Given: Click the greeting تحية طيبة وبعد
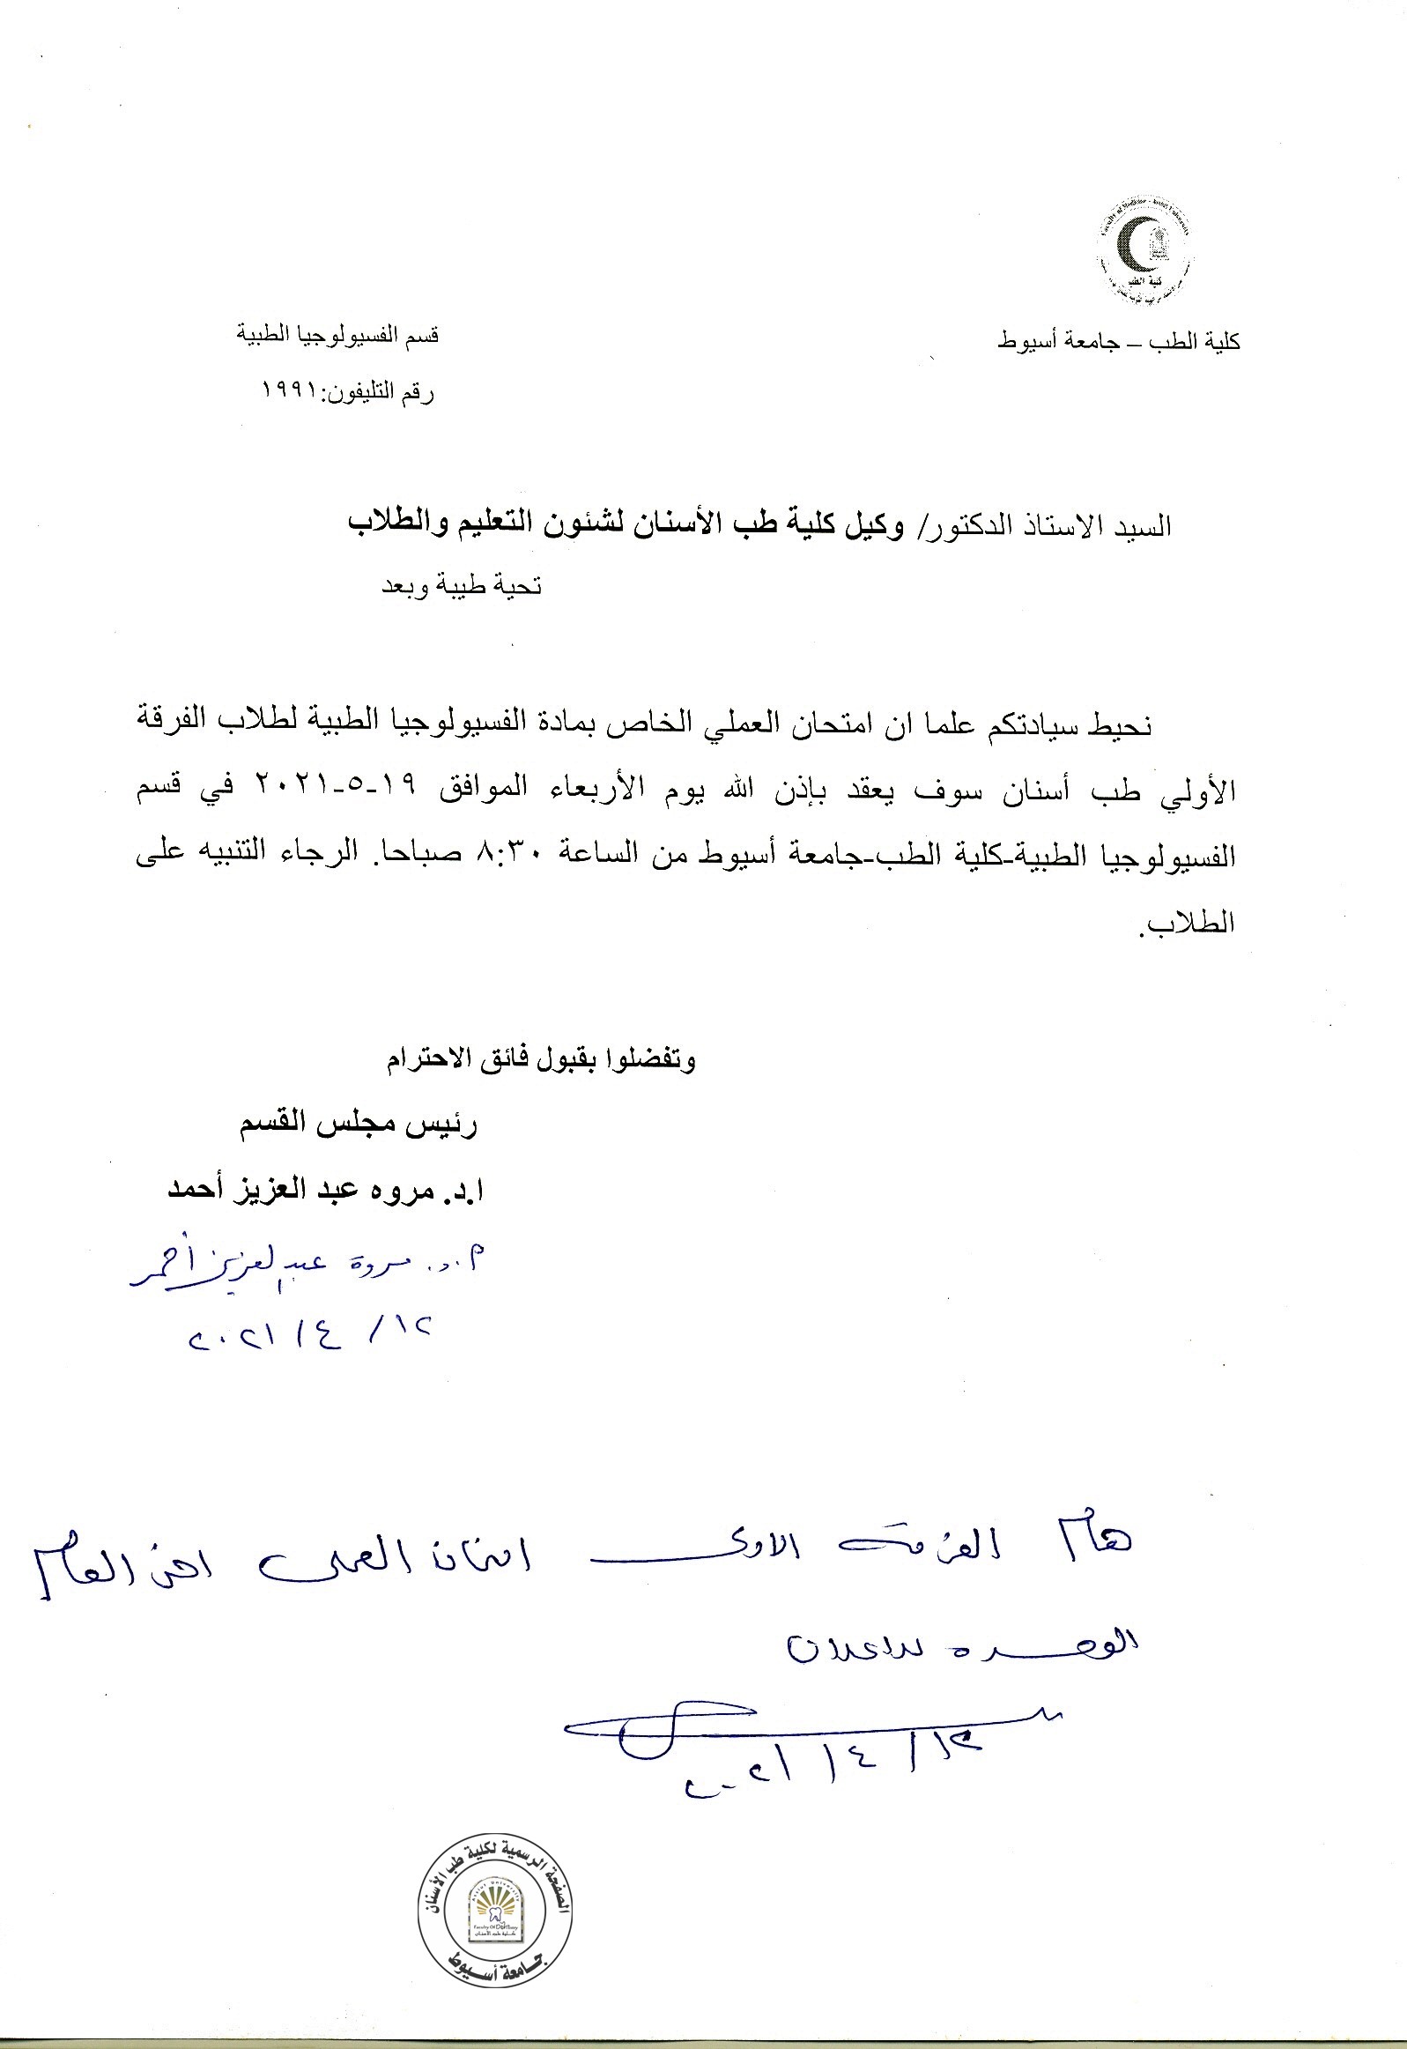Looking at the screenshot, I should tap(460, 586).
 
